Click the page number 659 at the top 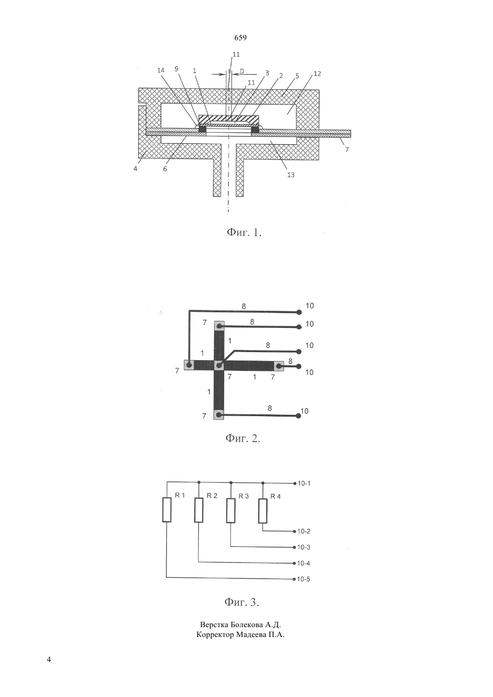[240, 38]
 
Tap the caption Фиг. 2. [243, 438]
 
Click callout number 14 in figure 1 [160, 70]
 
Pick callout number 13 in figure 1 [291, 175]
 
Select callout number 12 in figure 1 [317, 74]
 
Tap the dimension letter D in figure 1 [242, 71]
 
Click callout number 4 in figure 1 [135, 169]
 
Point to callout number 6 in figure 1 [165, 169]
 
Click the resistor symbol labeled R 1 [167, 509]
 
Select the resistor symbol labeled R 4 [263, 511]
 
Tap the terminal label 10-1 [304, 483]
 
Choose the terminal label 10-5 [303, 579]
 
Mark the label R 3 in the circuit [244, 496]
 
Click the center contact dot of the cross [219, 366]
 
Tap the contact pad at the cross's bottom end [219, 414]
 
